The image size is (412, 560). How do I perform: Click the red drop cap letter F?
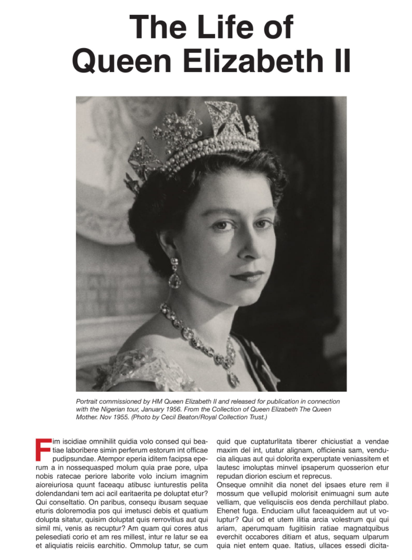click(43, 449)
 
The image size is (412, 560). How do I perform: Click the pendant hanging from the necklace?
click(233, 378)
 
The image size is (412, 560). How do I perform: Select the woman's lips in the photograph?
click(248, 276)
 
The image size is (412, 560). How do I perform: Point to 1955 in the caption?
click(128, 417)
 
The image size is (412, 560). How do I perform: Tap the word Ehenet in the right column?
click(228, 510)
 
